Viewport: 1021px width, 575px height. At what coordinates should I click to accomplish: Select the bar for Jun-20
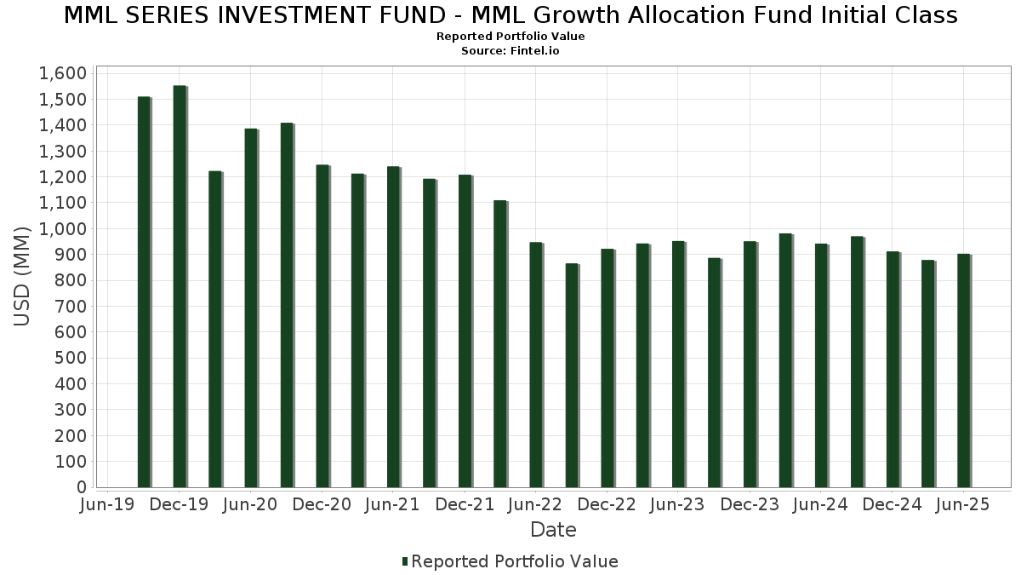click(x=251, y=308)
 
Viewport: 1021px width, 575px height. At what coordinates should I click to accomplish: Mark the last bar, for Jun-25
click(x=963, y=371)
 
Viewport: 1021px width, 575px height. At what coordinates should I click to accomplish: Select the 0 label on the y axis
click(x=81, y=487)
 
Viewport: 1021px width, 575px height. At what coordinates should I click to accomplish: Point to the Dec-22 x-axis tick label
click(x=607, y=504)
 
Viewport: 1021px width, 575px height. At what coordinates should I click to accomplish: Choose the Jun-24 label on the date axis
click(x=820, y=504)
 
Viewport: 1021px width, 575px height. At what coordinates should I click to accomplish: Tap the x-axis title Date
click(x=553, y=530)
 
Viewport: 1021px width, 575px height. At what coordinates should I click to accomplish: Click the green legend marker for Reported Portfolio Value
click(x=405, y=561)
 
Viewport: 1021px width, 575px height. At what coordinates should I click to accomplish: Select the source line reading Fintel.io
click(x=510, y=51)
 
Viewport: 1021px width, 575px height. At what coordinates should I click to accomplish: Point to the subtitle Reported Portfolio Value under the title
click(x=510, y=37)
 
